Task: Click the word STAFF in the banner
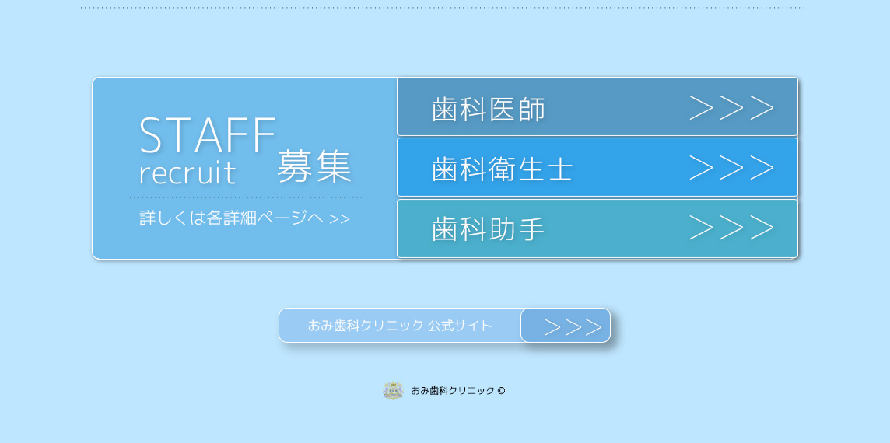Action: (207, 135)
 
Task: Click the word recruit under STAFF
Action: (187, 173)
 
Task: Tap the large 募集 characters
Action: (314, 166)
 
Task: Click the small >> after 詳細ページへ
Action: (339, 219)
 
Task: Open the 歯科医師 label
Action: (488, 109)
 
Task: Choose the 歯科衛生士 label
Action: (503, 169)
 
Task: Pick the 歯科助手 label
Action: (488, 229)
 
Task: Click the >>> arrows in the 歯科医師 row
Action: (731, 108)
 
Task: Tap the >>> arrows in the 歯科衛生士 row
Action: (731, 167)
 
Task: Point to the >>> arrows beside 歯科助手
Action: (731, 228)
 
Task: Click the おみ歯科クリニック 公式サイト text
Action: (400, 326)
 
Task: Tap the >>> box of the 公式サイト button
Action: (566, 326)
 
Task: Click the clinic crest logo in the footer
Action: (393, 390)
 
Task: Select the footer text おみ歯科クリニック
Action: (452, 390)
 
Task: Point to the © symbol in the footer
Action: (501, 390)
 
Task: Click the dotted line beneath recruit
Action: (246, 197)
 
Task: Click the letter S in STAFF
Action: (152, 135)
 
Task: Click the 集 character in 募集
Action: (335, 166)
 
